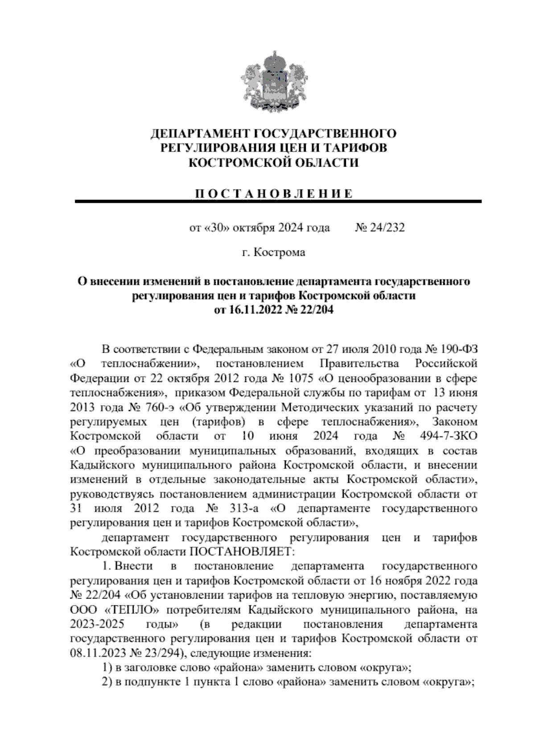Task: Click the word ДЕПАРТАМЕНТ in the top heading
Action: tap(194, 133)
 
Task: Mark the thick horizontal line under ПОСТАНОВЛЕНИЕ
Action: tap(278, 202)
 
